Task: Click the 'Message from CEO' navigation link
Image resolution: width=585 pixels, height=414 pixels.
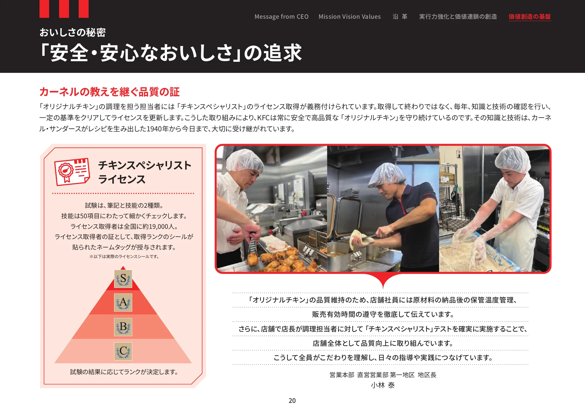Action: point(281,17)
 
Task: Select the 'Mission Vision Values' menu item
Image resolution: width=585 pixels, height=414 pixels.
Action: point(350,17)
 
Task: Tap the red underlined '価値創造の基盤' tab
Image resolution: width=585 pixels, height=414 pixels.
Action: point(529,17)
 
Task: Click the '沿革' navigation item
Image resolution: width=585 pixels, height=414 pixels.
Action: point(400,17)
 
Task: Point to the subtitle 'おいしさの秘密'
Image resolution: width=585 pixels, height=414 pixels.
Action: point(73,32)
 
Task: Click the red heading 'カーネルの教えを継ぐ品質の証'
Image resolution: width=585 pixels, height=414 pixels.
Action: point(109,92)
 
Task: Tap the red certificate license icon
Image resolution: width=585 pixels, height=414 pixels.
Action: point(72,172)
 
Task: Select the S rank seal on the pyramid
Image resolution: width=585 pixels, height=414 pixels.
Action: point(123,279)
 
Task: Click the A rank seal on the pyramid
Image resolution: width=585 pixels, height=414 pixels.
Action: point(123,303)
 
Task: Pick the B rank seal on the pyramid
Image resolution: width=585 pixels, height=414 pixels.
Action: point(123,327)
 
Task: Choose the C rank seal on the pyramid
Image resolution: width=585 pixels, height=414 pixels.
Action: point(123,351)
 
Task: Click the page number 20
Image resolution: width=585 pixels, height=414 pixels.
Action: point(292,401)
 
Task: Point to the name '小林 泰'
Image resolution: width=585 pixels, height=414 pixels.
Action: point(383,385)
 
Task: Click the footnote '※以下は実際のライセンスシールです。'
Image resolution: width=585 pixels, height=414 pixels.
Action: point(124,257)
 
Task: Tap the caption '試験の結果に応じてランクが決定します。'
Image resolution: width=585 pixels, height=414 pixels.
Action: point(124,372)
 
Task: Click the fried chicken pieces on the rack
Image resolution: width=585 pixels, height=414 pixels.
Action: point(281,259)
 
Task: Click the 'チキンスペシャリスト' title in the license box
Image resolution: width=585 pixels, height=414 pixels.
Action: point(145,165)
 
